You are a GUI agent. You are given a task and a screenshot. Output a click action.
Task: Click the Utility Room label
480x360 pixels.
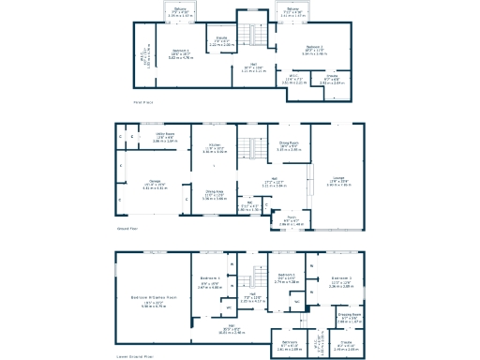[x=165, y=134]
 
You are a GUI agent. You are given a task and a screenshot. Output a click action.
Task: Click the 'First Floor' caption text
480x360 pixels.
[x=142, y=101]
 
